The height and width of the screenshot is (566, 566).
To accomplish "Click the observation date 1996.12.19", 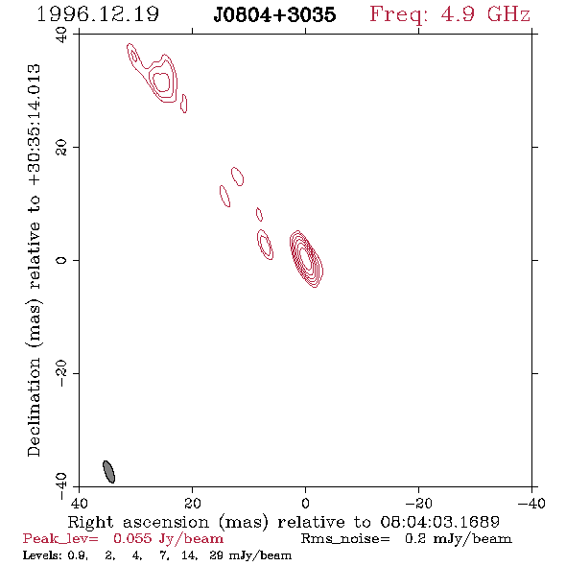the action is pyautogui.click(x=98, y=14).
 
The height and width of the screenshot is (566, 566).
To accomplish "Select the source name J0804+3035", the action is pyautogui.click(x=274, y=14).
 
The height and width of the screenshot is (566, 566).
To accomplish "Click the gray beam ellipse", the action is pyautogui.click(x=108, y=471).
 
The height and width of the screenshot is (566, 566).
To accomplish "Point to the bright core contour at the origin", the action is pyautogui.click(x=306, y=258).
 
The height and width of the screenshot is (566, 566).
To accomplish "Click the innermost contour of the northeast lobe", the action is pyautogui.click(x=161, y=82).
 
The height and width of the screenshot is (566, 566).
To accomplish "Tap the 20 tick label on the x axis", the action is pyautogui.click(x=193, y=504).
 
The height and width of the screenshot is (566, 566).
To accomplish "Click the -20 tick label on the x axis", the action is pyautogui.click(x=418, y=504).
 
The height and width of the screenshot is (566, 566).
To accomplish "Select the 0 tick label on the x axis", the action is pyautogui.click(x=305, y=504).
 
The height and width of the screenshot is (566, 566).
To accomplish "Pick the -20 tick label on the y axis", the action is pyautogui.click(x=61, y=373).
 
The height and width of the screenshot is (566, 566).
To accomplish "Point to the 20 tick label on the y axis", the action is pyautogui.click(x=61, y=148).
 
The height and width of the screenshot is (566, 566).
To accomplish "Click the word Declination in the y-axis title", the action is pyautogui.click(x=34, y=407).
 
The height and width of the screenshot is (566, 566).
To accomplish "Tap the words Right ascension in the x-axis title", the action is pyautogui.click(x=138, y=522).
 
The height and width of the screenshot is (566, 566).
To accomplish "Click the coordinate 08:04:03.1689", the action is pyautogui.click(x=440, y=522).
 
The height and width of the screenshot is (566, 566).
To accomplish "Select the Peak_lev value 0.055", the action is pyautogui.click(x=132, y=538).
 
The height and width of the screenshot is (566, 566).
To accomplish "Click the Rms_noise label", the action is pyautogui.click(x=345, y=539).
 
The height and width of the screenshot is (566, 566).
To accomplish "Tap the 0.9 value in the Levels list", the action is pyautogui.click(x=78, y=555).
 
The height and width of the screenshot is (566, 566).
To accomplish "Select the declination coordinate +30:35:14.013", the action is pyautogui.click(x=35, y=126).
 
